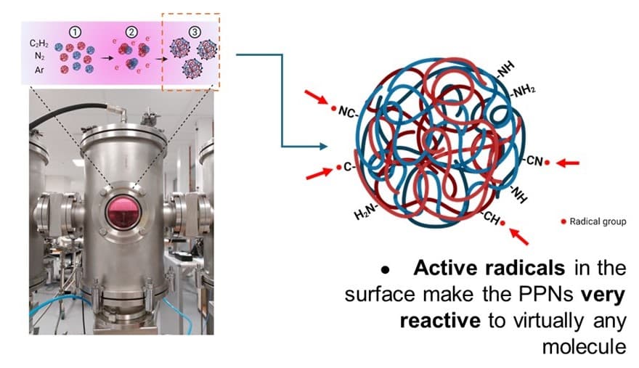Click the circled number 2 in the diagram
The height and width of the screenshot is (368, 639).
point(131,30)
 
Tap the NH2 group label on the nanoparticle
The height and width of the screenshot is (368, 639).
point(523,91)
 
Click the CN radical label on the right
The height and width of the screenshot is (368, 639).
point(533,162)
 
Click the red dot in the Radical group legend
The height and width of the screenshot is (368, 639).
point(563,221)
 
